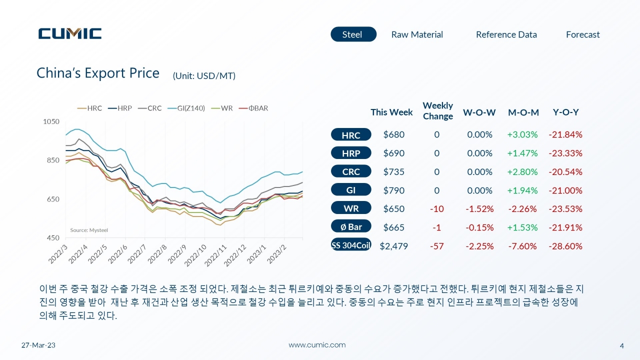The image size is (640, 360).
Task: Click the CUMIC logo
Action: point(70,33)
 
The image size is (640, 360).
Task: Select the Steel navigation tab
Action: point(353,34)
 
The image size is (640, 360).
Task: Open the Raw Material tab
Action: point(417,34)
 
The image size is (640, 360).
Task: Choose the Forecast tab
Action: point(583,34)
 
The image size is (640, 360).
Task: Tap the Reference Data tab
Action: point(506,34)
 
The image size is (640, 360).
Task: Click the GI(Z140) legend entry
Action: point(186,108)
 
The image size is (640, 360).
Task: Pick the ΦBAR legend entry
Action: point(253,108)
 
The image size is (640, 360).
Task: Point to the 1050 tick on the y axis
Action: point(51,121)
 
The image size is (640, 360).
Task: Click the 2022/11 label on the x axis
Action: point(216,255)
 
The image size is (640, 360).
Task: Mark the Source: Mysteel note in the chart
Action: point(89,230)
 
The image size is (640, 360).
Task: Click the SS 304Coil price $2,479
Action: point(393,246)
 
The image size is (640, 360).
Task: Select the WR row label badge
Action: point(351,208)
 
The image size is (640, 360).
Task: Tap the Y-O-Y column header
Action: point(565,112)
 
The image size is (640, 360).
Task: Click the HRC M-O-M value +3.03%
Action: point(522,134)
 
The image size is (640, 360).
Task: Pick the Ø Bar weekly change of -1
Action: point(436,227)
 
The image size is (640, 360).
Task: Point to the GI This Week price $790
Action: point(393,190)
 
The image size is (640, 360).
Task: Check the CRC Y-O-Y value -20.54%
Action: point(565,171)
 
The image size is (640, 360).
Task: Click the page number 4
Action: point(621,346)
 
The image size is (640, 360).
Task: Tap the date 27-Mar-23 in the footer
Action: point(38,345)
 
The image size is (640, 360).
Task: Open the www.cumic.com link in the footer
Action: point(317,345)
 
